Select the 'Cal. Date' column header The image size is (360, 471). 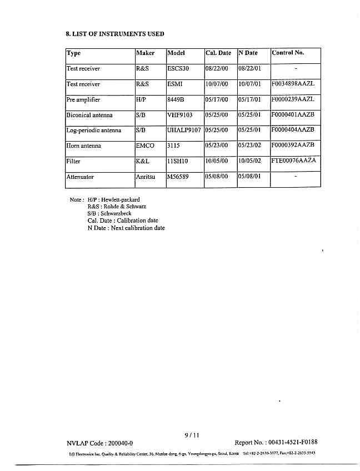tap(218, 53)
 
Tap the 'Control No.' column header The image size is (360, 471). tap(288, 53)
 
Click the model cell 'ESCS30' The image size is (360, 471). tap(178, 69)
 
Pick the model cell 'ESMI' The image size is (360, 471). tap(175, 84)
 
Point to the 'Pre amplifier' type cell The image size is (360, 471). tap(83, 100)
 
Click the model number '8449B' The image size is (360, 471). tap(176, 100)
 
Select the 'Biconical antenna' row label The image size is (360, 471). tap(89, 116)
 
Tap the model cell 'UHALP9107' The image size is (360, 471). tap(184, 131)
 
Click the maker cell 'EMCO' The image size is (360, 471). tap(145, 146)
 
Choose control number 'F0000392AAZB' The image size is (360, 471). tap(293, 146)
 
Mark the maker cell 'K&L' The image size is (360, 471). tap(143, 162)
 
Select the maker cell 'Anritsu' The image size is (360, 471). tap(146, 177)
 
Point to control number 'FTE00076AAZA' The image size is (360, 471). tap(294, 161)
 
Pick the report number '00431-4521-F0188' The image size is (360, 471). tap(293, 443)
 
